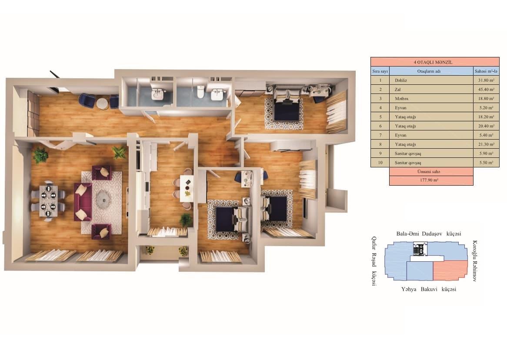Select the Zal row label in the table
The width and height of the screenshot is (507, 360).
pyautogui.click(x=397, y=89)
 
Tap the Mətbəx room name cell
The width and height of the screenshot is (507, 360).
pyautogui.click(x=402, y=98)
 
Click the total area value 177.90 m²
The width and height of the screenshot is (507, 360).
pyautogui.click(x=431, y=181)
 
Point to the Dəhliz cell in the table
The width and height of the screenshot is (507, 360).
pyautogui.click(x=400, y=80)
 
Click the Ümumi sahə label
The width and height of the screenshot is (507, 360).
pyautogui.click(x=431, y=172)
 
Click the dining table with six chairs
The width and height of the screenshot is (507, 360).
pyautogui.click(x=48, y=201)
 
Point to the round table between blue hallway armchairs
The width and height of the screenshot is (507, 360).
pyautogui.click(x=102, y=103)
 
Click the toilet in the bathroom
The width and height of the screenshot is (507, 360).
pyautogui.click(x=200, y=92)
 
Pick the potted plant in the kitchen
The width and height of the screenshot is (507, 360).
pyautogui.click(x=186, y=220)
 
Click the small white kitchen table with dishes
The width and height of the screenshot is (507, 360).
pyautogui.click(x=187, y=188)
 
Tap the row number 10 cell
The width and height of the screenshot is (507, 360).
pyautogui.click(x=380, y=162)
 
